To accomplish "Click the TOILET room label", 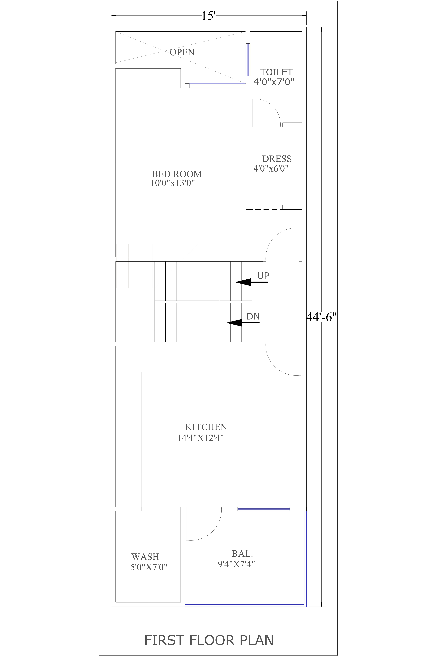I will point(276,72).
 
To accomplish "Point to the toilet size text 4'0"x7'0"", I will point(274,82).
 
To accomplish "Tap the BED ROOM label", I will point(176,174).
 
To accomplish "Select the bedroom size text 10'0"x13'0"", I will point(172,183).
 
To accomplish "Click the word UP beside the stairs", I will point(263,276).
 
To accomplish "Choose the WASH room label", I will point(145,557).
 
